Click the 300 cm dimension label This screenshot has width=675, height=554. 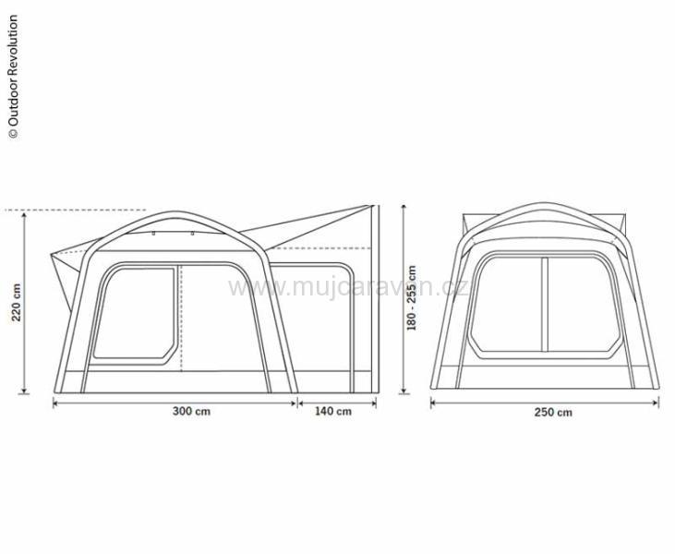click(x=191, y=411)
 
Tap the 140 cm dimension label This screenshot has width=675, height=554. click(x=333, y=411)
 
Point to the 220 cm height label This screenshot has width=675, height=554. click(x=16, y=302)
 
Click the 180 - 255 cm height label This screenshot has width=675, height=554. click(x=412, y=298)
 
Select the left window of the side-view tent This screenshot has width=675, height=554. click(x=137, y=314)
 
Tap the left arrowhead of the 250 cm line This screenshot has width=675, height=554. click(x=434, y=402)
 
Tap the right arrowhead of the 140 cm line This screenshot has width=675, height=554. click(x=375, y=402)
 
